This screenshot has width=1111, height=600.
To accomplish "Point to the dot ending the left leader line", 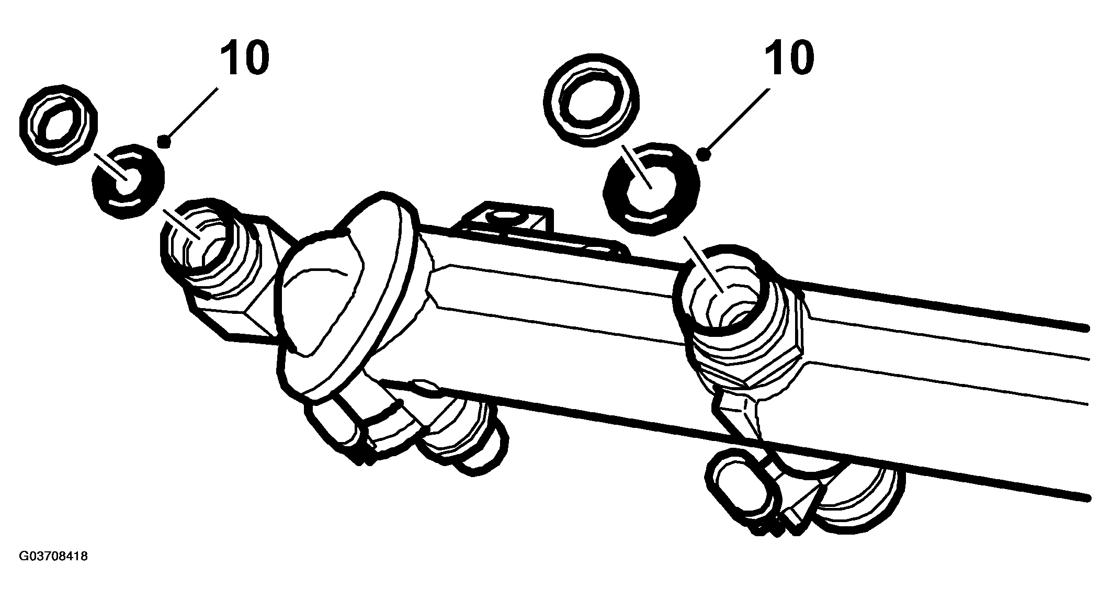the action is click(x=165, y=141).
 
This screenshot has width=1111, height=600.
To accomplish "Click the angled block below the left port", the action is click(x=230, y=309).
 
